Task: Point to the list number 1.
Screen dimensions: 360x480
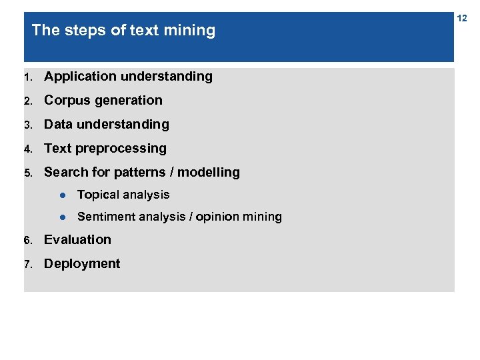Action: coord(27,77)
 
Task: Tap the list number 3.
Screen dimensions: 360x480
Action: coord(27,125)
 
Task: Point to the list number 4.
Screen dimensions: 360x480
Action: coord(27,149)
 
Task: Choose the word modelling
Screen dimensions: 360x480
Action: coord(209,173)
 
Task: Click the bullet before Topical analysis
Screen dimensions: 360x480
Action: coord(61,195)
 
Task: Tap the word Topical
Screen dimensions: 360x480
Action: coord(98,195)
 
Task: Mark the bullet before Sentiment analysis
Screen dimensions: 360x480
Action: coord(61,217)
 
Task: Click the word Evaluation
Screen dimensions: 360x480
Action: coord(77,240)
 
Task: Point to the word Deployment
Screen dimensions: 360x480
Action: coord(82,264)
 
